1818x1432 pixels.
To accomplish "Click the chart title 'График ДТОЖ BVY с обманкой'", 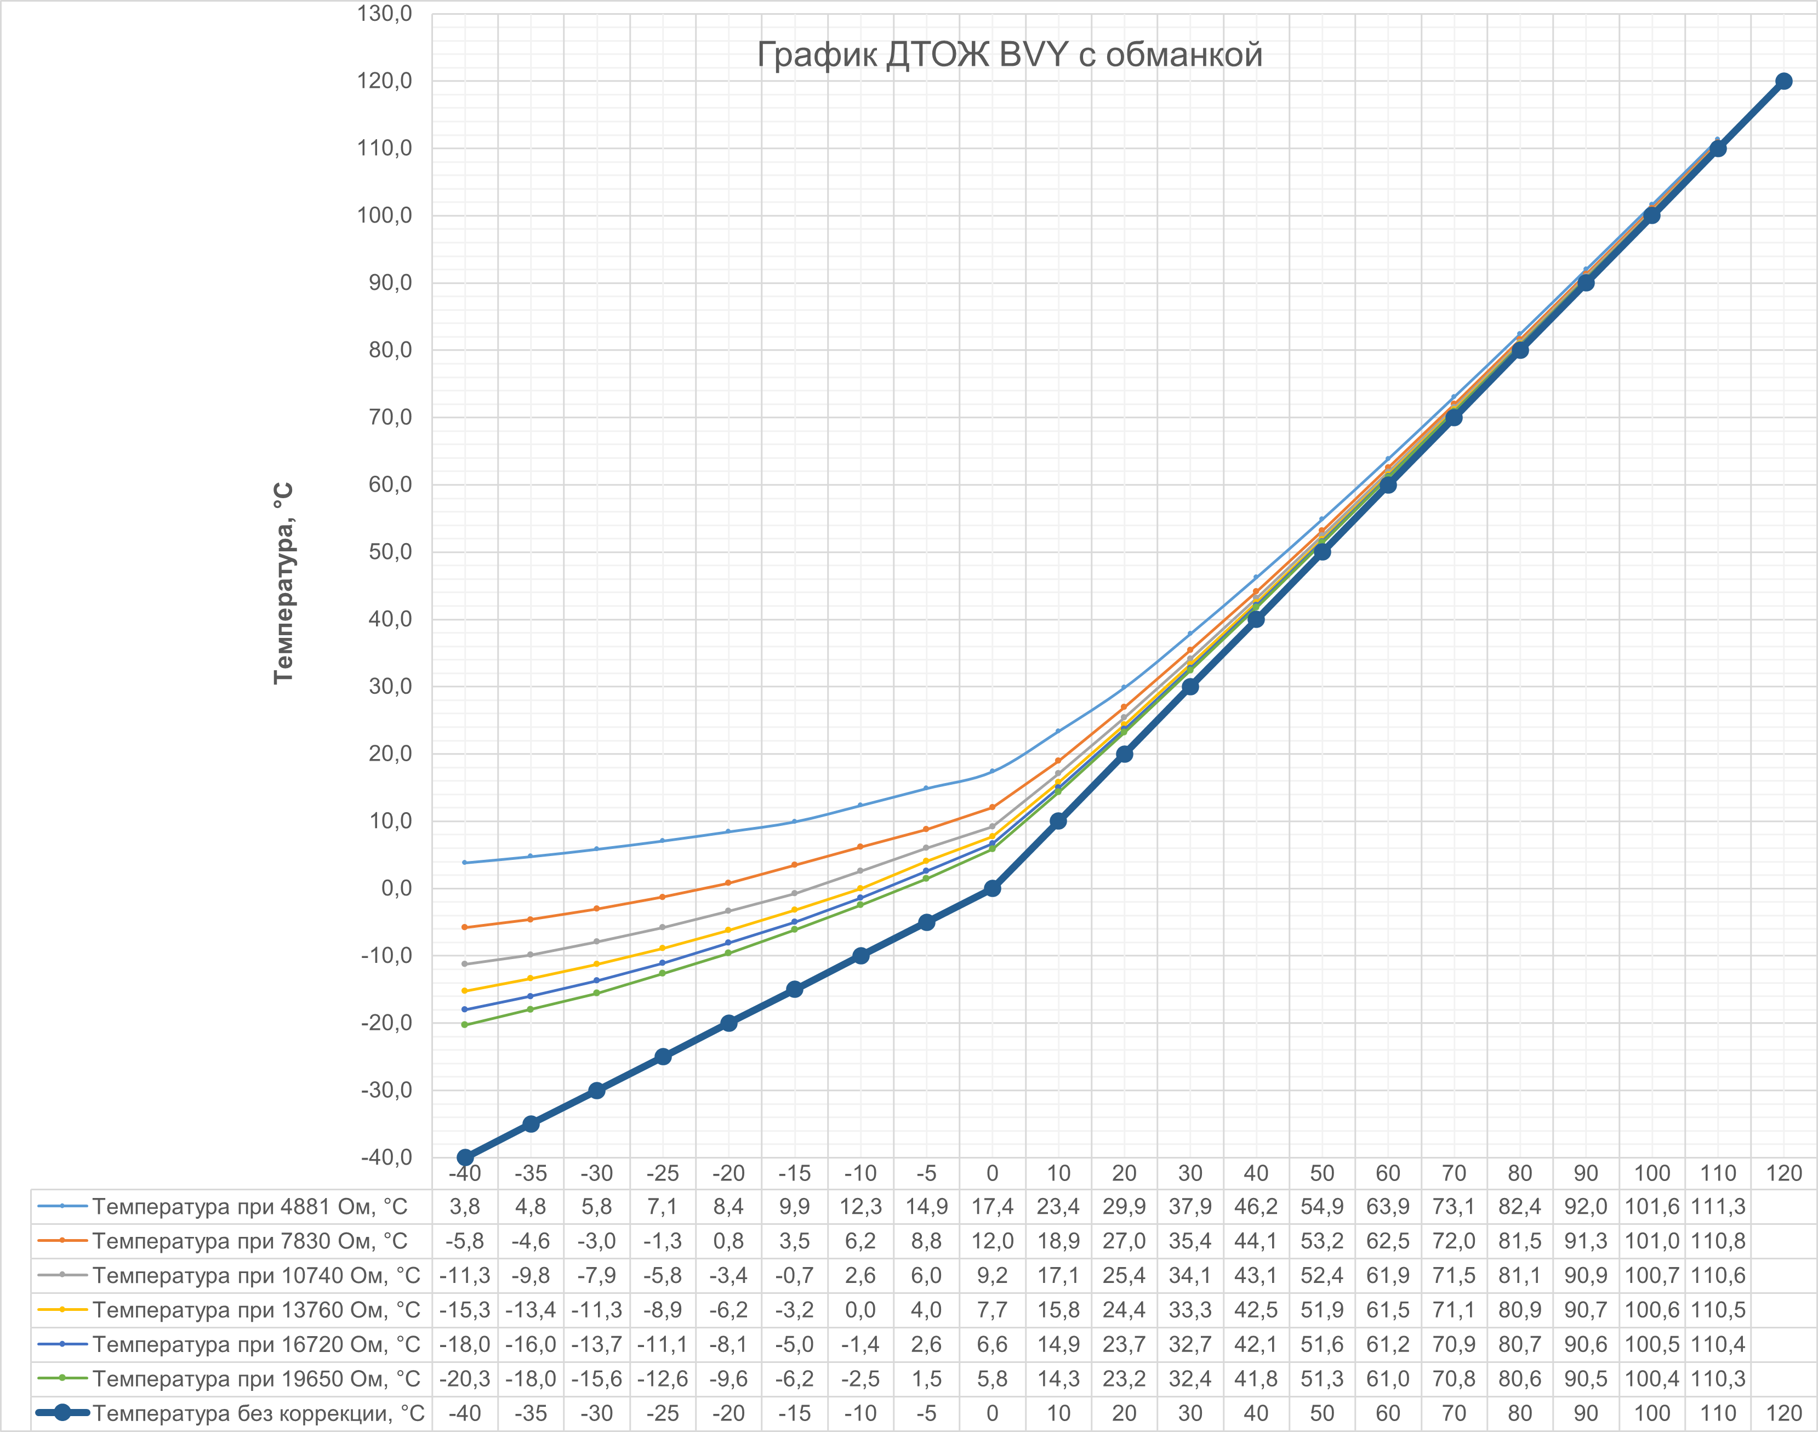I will point(1009,54).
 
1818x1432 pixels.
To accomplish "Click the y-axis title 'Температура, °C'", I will point(283,583).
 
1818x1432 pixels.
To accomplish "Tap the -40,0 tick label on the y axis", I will point(385,1157).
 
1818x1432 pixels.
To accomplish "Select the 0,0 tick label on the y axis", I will point(396,888).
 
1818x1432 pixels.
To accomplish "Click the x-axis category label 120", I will point(1783,1173).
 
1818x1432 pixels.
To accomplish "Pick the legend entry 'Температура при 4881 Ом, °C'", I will point(249,1206).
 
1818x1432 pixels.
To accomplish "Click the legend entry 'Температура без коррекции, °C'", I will point(258,1413).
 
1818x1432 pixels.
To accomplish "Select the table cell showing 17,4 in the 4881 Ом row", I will point(992,1206).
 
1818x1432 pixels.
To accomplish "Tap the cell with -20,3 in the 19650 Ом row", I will point(465,1378).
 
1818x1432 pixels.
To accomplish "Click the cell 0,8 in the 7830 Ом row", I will point(728,1241).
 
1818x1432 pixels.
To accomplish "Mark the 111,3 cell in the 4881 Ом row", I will point(1717,1206).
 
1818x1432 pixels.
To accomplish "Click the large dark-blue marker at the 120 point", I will point(1783,81).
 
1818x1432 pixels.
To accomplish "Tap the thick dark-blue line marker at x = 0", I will point(992,888).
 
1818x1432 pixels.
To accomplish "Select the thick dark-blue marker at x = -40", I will point(465,1157).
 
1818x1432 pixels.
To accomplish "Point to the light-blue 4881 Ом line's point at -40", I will point(465,863).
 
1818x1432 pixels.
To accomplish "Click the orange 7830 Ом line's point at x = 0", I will point(992,807).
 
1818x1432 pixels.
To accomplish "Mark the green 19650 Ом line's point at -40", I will point(465,1024).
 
